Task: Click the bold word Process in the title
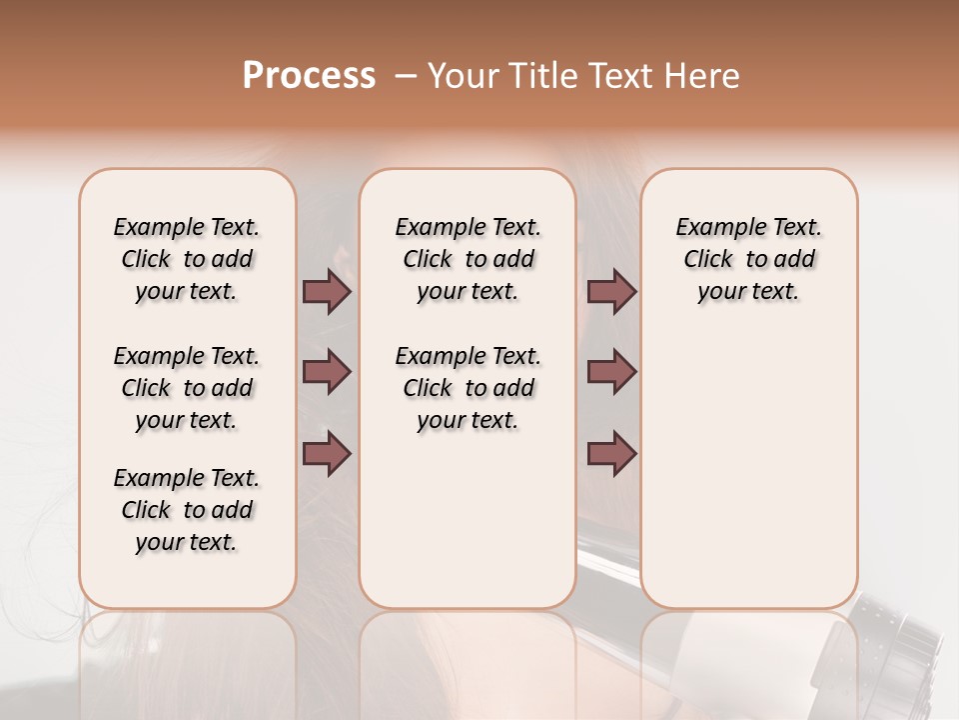click(x=309, y=75)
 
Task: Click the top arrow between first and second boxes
click(x=327, y=291)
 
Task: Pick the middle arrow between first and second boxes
click(x=327, y=372)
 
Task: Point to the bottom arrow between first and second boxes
click(x=327, y=454)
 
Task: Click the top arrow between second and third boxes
click(x=611, y=291)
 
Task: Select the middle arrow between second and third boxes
click(x=611, y=372)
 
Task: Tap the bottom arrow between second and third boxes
click(x=611, y=454)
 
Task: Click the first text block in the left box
click(x=187, y=259)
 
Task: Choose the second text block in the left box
click(x=187, y=388)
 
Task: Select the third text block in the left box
click(x=187, y=510)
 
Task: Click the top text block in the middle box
click(x=469, y=259)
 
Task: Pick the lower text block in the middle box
click(x=469, y=388)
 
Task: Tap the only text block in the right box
click(x=749, y=259)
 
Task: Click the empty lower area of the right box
click(x=749, y=470)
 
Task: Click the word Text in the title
click(x=621, y=75)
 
